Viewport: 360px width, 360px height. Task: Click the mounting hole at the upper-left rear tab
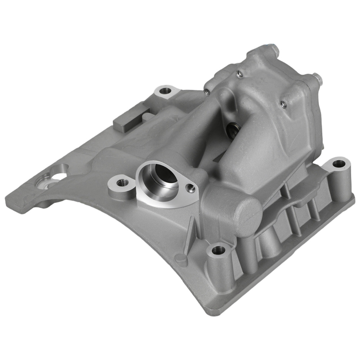tap(165, 90)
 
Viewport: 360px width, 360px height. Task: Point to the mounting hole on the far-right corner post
tap(339, 164)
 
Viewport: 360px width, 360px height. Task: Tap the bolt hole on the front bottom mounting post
tap(218, 249)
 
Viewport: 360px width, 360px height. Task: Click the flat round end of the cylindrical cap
tap(248, 216)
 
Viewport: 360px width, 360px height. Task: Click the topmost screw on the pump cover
tap(239, 74)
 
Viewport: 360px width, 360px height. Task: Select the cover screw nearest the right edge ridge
tap(283, 104)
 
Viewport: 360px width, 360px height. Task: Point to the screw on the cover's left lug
tap(207, 91)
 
